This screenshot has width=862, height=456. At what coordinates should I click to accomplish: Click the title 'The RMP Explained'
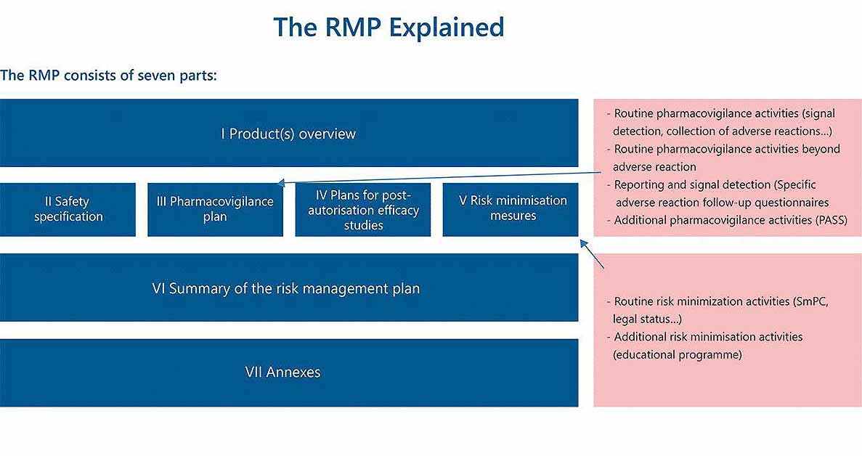389,27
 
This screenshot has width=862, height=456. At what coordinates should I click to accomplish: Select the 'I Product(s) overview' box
289,133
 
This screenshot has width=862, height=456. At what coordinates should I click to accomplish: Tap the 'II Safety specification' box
68,209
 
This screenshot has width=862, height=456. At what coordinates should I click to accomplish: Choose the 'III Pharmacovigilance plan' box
216,209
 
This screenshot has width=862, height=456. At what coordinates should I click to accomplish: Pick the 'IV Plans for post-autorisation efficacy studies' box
363,209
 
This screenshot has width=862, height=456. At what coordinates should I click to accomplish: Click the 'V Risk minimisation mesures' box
511,209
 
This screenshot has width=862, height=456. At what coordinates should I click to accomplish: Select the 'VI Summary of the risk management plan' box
289,288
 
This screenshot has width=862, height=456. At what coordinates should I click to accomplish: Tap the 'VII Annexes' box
289,372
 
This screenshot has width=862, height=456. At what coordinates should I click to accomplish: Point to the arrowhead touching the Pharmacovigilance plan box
280,183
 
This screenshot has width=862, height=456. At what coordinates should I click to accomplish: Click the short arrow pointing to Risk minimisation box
592,254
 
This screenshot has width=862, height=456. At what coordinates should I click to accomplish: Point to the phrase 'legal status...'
647,319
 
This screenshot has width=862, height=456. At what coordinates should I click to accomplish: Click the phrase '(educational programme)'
678,355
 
